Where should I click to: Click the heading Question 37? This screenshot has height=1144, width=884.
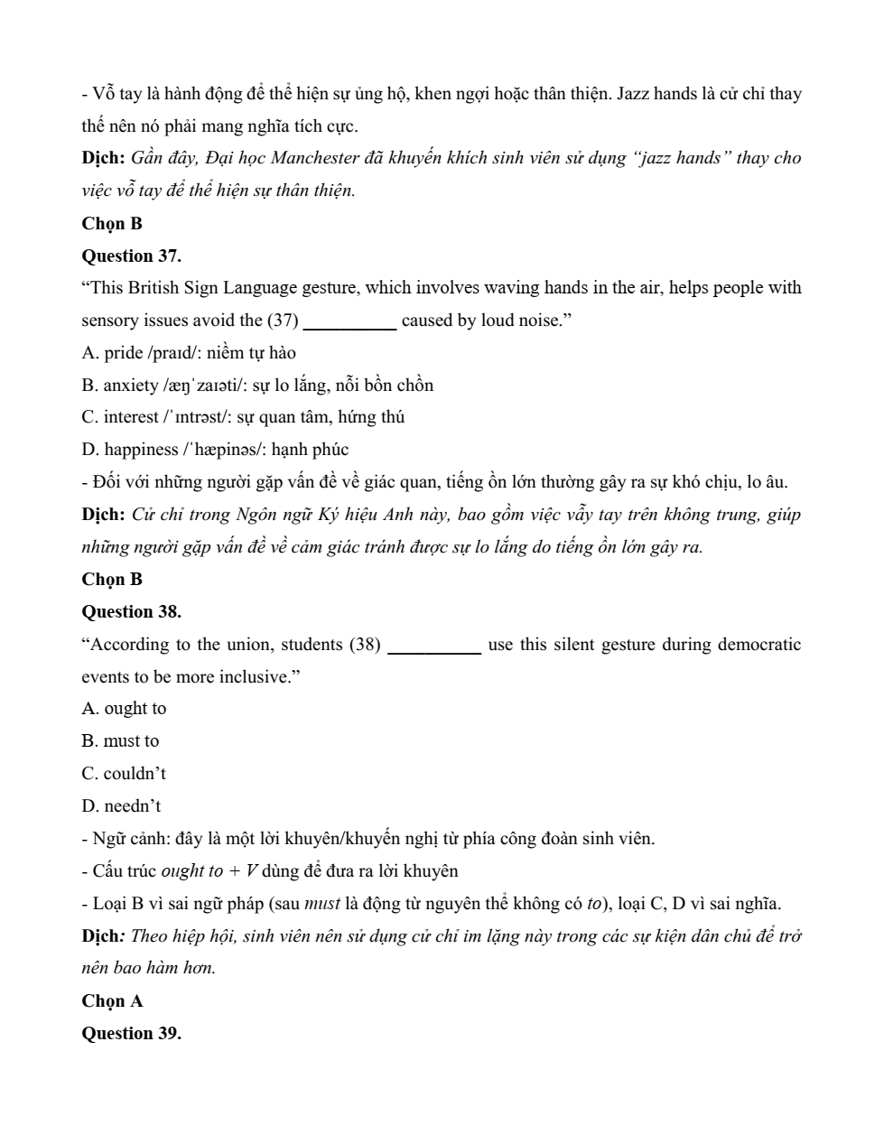pos(131,256)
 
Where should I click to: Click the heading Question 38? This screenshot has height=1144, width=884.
pos(131,611)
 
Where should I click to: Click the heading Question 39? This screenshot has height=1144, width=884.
pos(131,1033)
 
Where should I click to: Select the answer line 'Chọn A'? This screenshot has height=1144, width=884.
pos(112,1000)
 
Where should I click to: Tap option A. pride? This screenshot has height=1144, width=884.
pos(188,353)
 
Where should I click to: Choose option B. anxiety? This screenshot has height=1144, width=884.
pos(256,386)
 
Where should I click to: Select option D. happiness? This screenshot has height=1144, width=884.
pos(214,450)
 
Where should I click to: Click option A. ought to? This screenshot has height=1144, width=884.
pos(124,709)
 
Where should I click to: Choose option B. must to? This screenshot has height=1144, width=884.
pos(120,741)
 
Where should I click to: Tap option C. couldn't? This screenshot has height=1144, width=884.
pos(124,774)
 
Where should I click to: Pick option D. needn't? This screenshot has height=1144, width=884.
pos(121,806)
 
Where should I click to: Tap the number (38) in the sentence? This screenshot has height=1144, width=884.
pos(365,645)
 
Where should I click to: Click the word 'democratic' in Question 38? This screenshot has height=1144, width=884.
pos(758,645)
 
